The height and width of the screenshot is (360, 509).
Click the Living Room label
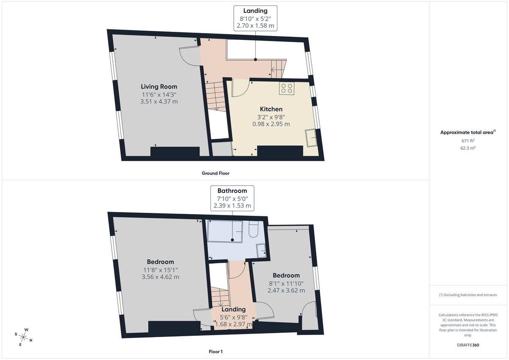coord(159,87)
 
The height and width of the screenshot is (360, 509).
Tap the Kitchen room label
coord(271,109)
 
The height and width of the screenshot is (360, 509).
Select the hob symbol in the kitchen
coord(286,88)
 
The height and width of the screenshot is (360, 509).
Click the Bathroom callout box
coord(232,198)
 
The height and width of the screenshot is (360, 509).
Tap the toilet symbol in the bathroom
coord(254,229)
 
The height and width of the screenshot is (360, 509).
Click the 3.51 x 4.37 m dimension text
coord(159,101)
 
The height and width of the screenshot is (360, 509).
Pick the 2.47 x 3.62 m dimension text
coord(286,290)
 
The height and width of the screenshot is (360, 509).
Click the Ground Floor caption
coord(215,173)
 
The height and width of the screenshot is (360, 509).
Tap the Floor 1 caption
coord(215,352)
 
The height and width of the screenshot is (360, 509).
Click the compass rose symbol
coord(24,337)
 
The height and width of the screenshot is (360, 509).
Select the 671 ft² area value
coord(468,140)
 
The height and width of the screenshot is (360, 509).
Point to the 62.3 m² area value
coord(468,148)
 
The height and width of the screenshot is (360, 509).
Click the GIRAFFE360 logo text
coord(468,345)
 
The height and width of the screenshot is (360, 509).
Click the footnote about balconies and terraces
coord(468,295)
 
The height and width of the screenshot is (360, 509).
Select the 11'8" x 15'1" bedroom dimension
coord(160,270)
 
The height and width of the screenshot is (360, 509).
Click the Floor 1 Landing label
coord(233,309)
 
